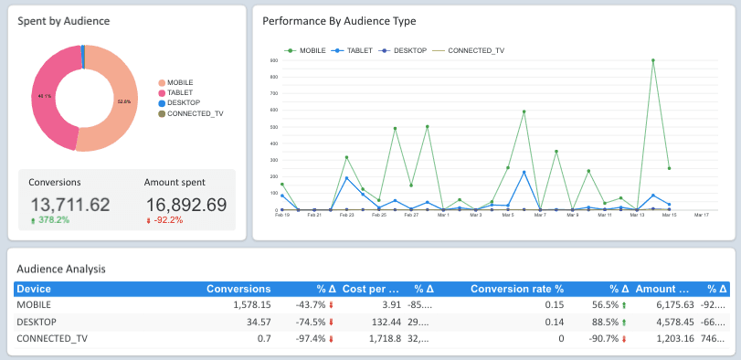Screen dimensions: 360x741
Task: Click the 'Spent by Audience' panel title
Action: pyautogui.click(x=58, y=20)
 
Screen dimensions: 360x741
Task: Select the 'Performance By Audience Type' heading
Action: pyautogui.click(x=339, y=20)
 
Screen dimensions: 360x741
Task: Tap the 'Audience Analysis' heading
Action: pyautogui.click(x=61, y=269)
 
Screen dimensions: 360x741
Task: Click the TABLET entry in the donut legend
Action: pyautogui.click(x=180, y=92)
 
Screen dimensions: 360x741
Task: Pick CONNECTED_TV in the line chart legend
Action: pyautogui.click(x=475, y=51)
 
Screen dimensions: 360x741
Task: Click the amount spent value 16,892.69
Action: pyautogui.click(x=185, y=205)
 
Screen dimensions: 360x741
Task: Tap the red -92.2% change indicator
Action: pyautogui.click(x=168, y=220)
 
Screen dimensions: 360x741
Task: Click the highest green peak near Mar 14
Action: pyautogui.click(x=653, y=60)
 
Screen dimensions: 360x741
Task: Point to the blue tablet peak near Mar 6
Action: pyautogui.click(x=524, y=172)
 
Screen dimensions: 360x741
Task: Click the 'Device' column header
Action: pyautogui.click(x=33, y=289)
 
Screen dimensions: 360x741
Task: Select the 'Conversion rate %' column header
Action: pyautogui.click(x=517, y=289)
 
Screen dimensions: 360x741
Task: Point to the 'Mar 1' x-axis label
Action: pyautogui.click(x=443, y=216)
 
